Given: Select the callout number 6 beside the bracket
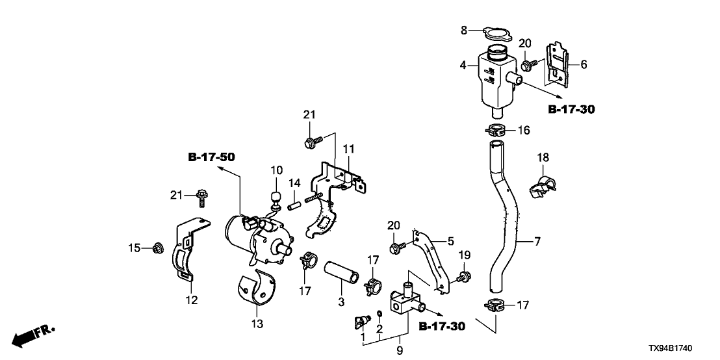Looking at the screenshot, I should pos(584,64).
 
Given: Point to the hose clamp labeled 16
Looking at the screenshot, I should pos(497,130).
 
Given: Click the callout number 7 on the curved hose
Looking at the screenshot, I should pos(537,243).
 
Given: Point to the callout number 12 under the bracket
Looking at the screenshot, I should pos(192,300).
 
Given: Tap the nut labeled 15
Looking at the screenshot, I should pos(156,248).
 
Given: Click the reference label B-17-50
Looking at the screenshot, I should pos(211,157).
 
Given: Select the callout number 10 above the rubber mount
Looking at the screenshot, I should pos(277,170).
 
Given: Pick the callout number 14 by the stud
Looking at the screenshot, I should pos(294,183).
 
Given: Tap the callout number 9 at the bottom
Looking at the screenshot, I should pos(399,350).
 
